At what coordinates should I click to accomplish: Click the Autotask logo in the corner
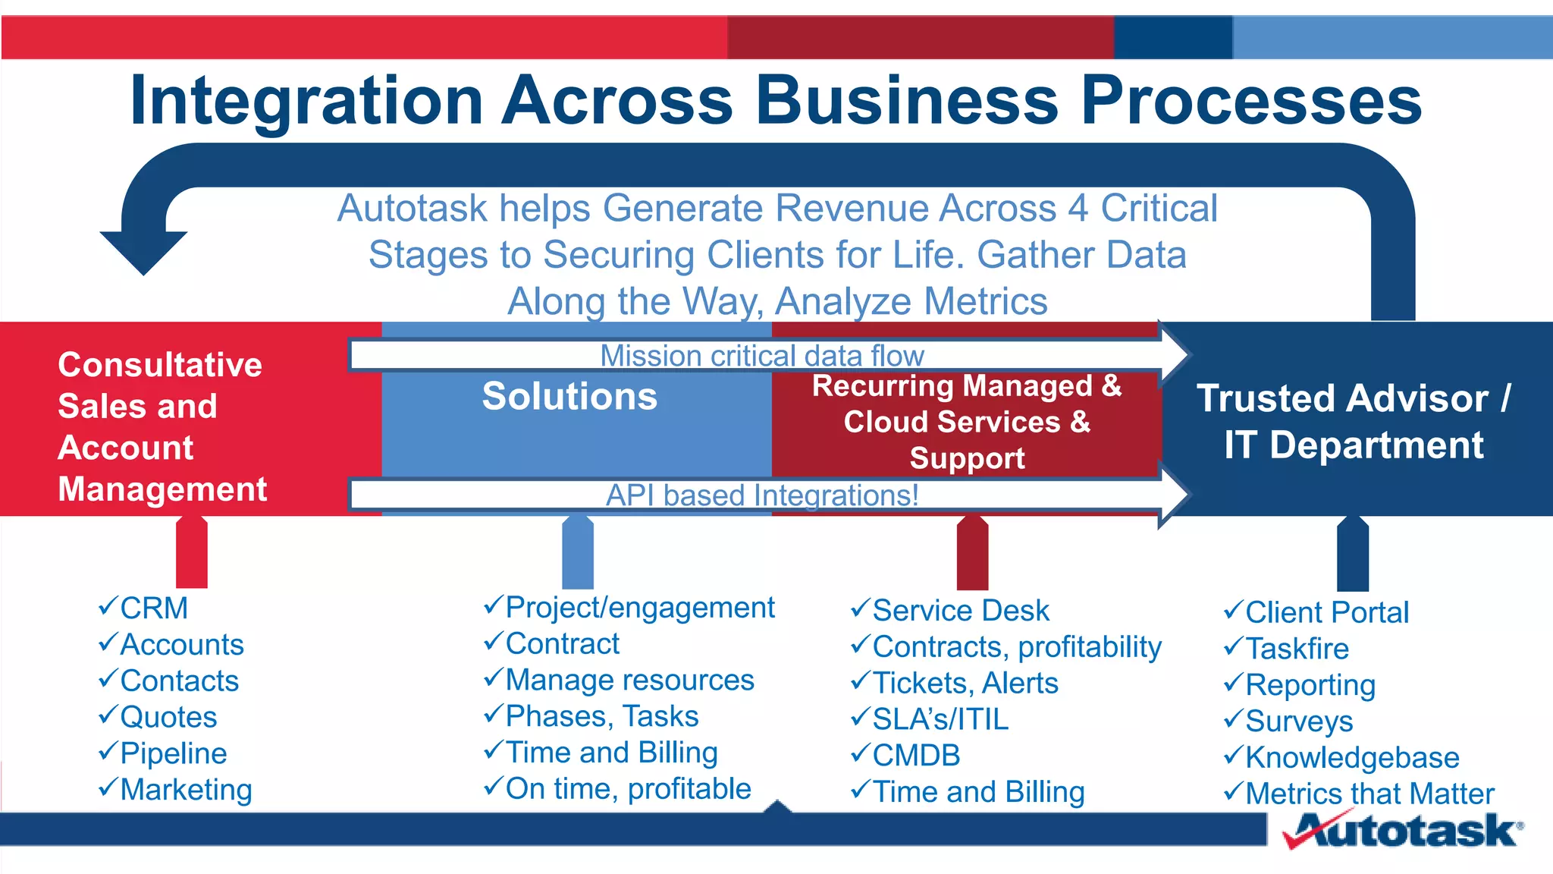[x=1403, y=830]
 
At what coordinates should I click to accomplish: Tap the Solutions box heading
[x=569, y=396]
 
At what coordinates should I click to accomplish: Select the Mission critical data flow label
[x=761, y=355]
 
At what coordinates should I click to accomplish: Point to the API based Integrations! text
[x=761, y=495]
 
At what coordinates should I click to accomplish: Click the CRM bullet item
[x=153, y=608]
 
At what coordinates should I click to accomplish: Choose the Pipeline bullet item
[x=173, y=753]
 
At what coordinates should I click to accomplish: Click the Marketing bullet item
[x=186, y=790]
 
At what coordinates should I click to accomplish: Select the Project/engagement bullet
[x=639, y=608]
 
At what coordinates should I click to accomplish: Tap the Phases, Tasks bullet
[x=601, y=716]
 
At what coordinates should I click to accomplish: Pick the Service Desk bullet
[x=960, y=611]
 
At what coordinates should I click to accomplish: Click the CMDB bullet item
[x=916, y=756]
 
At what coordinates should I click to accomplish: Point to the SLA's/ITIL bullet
[x=940, y=719]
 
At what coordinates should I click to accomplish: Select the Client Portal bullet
[x=1326, y=612]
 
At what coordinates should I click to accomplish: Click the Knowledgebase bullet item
[x=1351, y=757]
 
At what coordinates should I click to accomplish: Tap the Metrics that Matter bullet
[x=1369, y=794]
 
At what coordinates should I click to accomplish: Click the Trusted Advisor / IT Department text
[x=1354, y=421]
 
